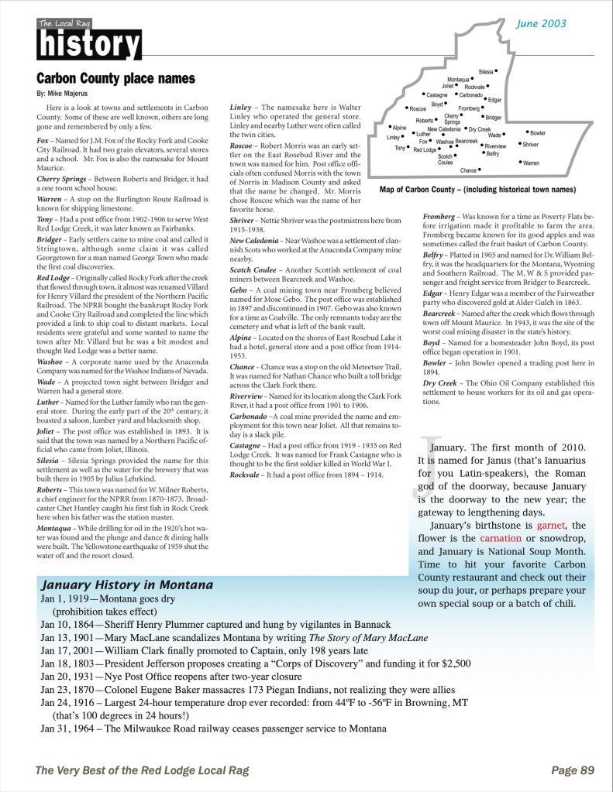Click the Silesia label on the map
click(x=486, y=71)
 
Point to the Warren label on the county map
click(x=531, y=163)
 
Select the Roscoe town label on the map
click(x=418, y=109)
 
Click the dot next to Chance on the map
click(x=480, y=169)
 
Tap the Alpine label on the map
click(x=400, y=127)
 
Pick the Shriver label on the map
click(x=530, y=145)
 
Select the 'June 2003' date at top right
click(x=541, y=24)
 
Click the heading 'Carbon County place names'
click(x=116, y=79)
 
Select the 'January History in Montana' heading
click(x=128, y=583)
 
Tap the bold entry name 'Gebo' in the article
click(x=239, y=288)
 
